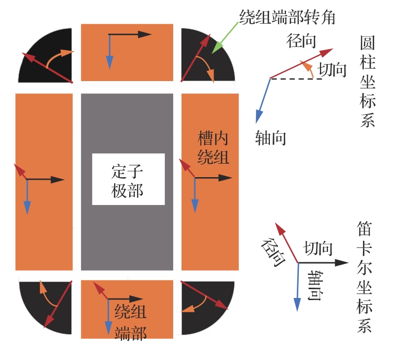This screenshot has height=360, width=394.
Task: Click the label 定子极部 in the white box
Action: click(128, 180)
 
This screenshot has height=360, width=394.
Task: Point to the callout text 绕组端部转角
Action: click(287, 17)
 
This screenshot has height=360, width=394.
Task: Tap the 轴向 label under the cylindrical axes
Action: click(270, 138)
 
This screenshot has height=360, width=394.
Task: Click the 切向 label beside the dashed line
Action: click(332, 70)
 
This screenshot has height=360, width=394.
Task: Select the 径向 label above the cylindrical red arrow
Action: click(301, 42)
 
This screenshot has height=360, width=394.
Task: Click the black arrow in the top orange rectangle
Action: click(129, 35)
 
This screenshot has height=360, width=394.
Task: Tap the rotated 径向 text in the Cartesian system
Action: click(274, 251)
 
